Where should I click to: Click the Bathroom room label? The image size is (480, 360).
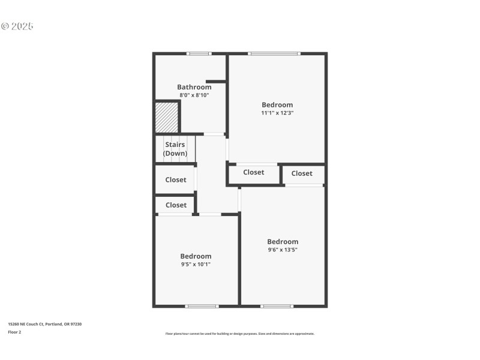pos(194,87)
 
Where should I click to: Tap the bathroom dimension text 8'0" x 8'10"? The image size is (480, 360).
pos(194,95)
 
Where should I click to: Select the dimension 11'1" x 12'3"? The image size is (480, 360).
pos(277,113)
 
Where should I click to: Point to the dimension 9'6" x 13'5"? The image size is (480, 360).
pos(283,250)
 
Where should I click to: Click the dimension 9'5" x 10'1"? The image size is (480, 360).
pos(196,264)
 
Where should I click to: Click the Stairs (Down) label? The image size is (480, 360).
pos(175,149)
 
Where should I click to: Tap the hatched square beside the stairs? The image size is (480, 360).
pos(167,118)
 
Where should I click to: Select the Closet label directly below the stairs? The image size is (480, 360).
pos(176,179)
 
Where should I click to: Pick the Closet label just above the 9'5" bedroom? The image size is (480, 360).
pos(176,205)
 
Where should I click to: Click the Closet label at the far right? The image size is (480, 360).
pos(302,173)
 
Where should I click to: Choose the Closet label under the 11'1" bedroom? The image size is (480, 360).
pos(253,172)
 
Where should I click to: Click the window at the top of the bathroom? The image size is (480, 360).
pos(199,54)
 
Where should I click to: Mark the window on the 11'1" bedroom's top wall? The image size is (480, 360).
pos(274,54)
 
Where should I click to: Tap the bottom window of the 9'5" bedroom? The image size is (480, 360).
pos(202,307)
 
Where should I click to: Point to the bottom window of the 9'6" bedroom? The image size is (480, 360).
pos(277,307)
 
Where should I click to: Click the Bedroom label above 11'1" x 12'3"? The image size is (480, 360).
pos(277,105)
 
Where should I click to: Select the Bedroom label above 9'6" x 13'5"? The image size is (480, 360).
pos(283,242)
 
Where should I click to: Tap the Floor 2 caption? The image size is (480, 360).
pos(14,332)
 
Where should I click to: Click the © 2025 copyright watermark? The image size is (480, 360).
pos(17,26)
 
